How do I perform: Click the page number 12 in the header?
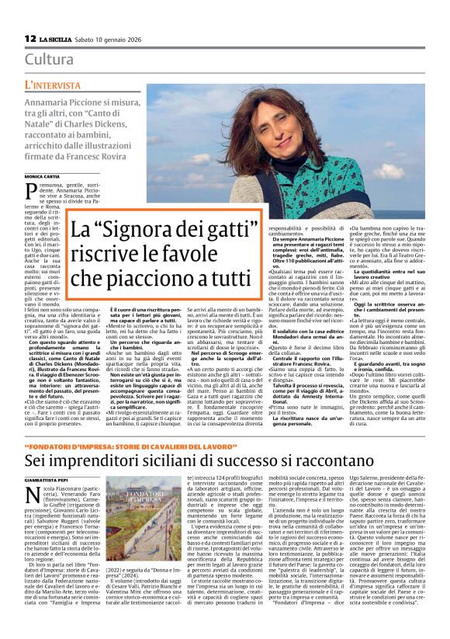tap(29, 38)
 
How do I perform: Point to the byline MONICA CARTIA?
tap(42, 177)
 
